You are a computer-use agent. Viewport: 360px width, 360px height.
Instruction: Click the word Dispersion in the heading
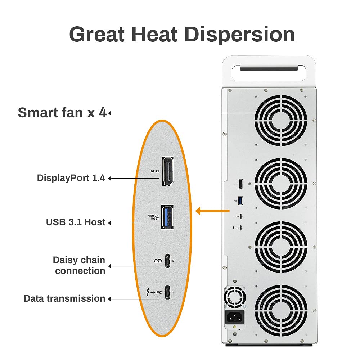(x=239, y=35)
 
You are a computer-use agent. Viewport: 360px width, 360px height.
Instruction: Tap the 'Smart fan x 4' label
(x=62, y=113)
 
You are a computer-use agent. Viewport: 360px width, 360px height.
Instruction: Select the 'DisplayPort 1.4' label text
(x=71, y=178)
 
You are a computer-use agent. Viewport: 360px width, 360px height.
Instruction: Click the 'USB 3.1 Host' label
(x=76, y=222)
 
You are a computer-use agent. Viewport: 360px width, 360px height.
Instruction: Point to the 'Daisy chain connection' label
(x=79, y=265)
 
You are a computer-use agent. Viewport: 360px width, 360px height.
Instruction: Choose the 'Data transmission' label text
(x=64, y=298)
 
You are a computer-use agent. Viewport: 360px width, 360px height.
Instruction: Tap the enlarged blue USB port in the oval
(x=167, y=217)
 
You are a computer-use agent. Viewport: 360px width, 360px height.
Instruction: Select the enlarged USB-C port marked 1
(x=168, y=292)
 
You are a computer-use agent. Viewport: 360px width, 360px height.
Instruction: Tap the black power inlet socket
(x=234, y=318)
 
